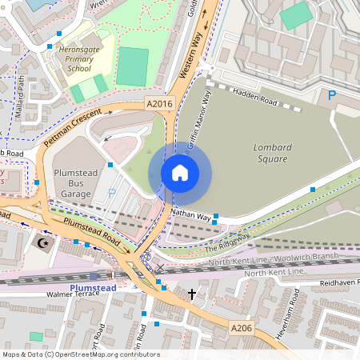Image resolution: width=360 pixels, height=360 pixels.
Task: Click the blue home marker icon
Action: coord(180,172)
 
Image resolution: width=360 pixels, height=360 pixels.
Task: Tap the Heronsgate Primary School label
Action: coord(68,58)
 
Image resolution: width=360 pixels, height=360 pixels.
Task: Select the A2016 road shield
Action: coord(158,104)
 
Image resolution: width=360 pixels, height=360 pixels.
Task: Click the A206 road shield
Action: coord(242,327)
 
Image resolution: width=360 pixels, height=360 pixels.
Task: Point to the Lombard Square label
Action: coord(272,153)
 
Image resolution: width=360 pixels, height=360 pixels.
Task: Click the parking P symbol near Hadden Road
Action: coord(332,96)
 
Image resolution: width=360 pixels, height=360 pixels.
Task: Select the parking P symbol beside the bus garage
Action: coord(112,192)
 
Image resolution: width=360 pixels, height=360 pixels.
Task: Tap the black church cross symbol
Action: coord(191,294)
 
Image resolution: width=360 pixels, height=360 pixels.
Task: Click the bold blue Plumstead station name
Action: coord(93,286)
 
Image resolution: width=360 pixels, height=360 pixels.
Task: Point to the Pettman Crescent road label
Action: coord(73,126)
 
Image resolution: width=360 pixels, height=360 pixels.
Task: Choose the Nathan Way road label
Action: coord(190,215)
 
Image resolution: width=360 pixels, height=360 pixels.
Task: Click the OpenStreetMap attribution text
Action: coord(80,354)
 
